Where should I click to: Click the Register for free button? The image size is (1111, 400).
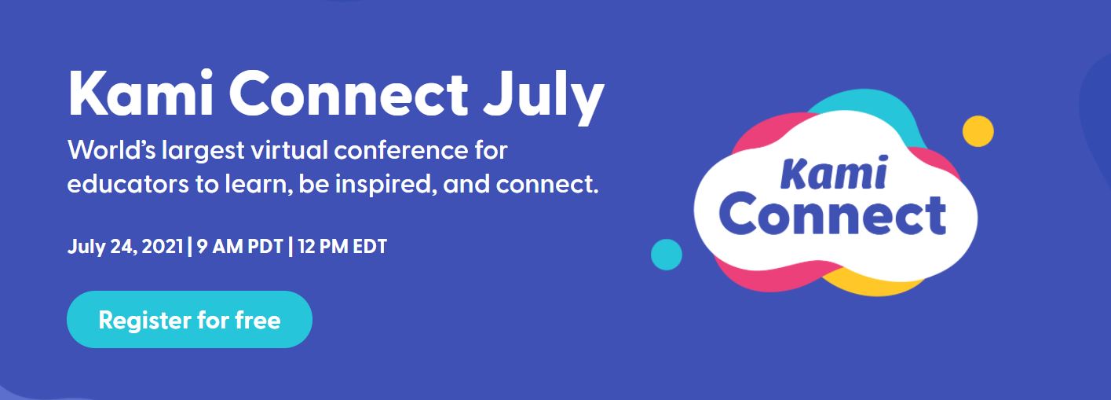pos(189,320)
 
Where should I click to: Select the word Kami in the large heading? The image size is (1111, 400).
pos(139,95)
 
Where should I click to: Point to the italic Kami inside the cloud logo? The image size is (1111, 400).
pos(835,173)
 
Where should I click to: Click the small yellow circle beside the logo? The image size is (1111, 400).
pos(978,131)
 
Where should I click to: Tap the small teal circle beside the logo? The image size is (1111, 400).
pos(667,255)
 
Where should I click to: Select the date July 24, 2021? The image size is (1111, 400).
pos(126,247)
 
